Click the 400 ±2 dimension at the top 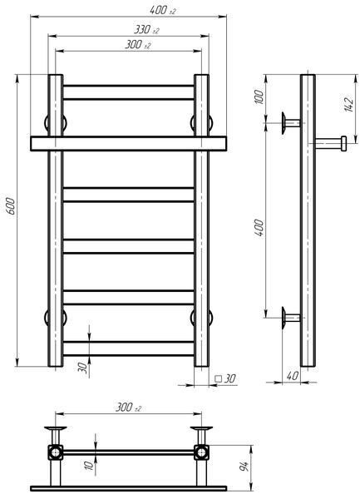[162, 10]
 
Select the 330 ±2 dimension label [146, 30]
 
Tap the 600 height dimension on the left [11, 206]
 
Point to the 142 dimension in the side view [348, 103]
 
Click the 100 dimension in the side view [259, 97]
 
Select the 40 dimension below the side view [293, 376]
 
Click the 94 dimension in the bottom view [244, 467]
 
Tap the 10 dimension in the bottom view [91, 465]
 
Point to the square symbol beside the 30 [219, 378]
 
